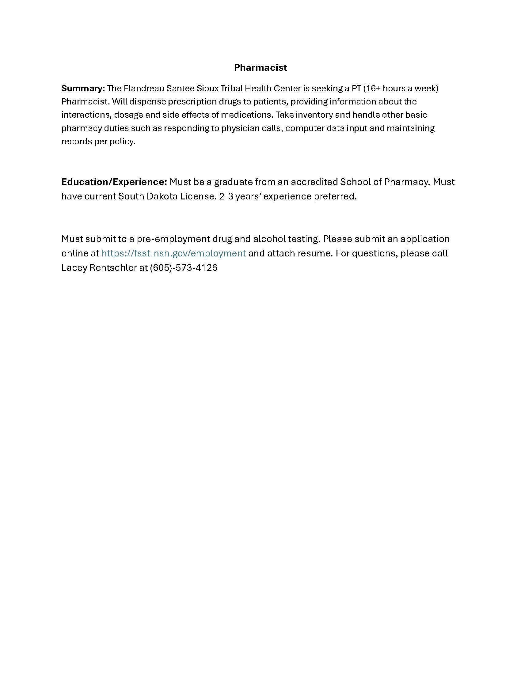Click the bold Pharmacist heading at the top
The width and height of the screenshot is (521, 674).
click(260, 68)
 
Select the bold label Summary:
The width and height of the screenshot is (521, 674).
click(83, 89)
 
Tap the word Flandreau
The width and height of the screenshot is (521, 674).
click(143, 89)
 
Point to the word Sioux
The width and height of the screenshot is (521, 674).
click(207, 89)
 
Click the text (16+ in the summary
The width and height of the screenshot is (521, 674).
click(372, 89)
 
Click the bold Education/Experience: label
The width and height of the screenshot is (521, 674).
click(114, 182)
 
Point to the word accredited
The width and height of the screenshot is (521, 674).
click(314, 182)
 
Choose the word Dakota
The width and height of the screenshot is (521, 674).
click(162, 197)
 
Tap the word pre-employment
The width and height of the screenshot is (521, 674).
click(173, 239)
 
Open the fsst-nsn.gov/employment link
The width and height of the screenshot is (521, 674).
click(173, 253)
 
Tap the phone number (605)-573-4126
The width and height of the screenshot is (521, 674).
click(184, 268)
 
